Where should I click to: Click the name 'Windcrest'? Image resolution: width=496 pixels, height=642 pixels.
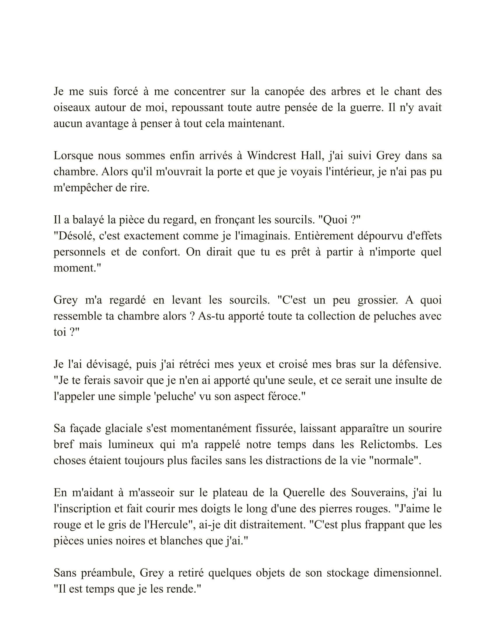point(271,156)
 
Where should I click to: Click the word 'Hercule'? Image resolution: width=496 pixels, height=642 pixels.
point(170,525)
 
